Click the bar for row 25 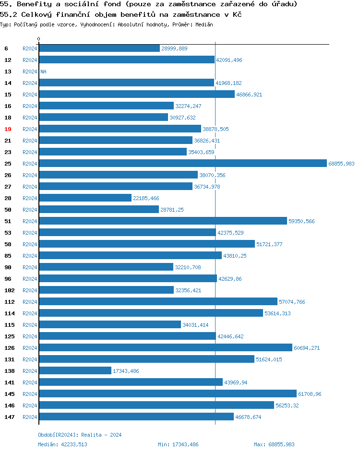point(182,164)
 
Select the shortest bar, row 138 point(75,371)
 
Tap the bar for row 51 point(163,221)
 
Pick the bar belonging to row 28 point(85,198)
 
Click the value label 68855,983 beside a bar point(341,164)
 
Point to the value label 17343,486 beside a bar point(126,371)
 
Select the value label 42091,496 point(229,60)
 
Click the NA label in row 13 point(43,72)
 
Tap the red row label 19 point(8,129)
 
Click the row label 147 point(9,417)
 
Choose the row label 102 point(9,290)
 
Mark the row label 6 point(6,48)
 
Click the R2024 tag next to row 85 point(30,256)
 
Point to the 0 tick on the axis point(39,39)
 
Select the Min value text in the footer point(178,444)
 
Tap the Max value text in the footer point(274,444)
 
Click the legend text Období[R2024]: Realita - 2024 point(80,435)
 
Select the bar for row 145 point(168,394)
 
